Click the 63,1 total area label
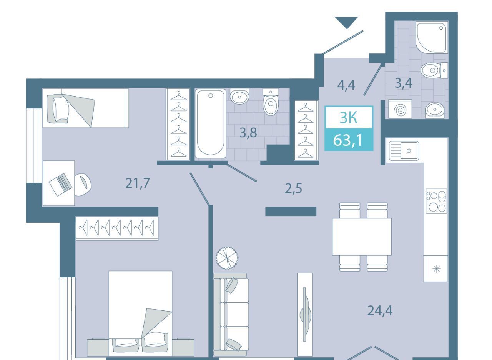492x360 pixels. [x=347, y=140]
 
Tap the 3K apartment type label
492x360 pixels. [x=349, y=118]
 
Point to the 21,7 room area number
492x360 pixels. [x=138, y=183]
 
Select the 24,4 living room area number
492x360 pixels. [x=380, y=310]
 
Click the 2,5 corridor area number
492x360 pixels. [x=293, y=188]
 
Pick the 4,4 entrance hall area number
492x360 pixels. [x=346, y=85]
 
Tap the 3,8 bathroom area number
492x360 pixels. [x=248, y=133]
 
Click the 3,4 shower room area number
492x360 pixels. [x=404, y=83]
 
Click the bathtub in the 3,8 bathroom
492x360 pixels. [x=210, y=123]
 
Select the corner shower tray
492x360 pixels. [x=432, y=37]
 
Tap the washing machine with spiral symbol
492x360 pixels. [x=400, y=109]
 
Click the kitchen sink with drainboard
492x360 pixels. [x=404, y=151]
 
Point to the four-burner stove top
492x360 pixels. [x=436, y=201]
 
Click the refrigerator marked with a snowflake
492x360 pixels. [x=435, y=268]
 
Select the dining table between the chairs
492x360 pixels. [x=362, y=237]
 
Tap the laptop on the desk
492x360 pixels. [x=60, y=185]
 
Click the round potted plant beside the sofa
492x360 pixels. [x=227, y=258]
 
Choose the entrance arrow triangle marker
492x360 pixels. [x=346, y=22]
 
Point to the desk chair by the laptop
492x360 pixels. [x=83, y=184]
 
